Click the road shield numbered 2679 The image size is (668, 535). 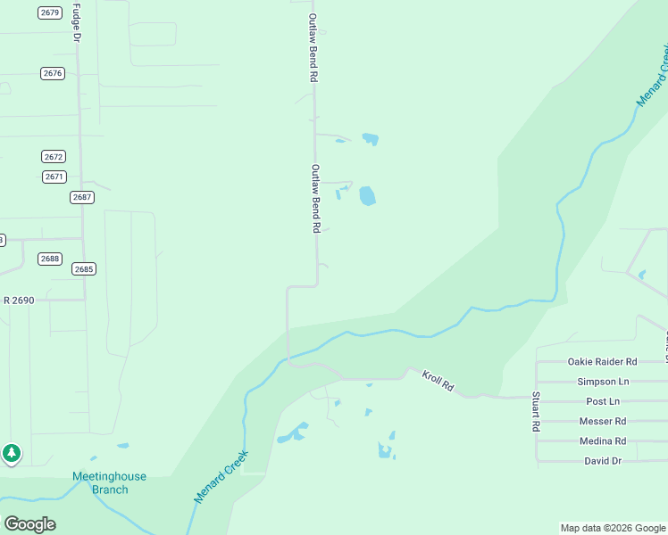[50, 12]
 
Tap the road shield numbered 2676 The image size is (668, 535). [53, 73]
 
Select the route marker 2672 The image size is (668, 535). [54, 156]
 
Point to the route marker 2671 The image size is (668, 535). [54, 177]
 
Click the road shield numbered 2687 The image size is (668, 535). [81, 197]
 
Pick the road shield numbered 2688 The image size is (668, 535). [50, 259]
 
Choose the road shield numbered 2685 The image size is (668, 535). [84, 268]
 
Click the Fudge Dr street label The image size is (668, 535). [76, 23]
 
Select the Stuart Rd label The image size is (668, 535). [536, 411]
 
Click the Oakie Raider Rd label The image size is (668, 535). [602, 362]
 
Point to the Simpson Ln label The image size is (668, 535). [603, 382]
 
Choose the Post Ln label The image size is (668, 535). [603, 401]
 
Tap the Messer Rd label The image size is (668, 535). [603, 421]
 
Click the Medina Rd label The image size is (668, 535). [603, 441]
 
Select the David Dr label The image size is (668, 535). [603, 461]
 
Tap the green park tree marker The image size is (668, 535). [12, 453]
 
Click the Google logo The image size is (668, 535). [29, 523]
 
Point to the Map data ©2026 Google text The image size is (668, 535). [613, 528]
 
